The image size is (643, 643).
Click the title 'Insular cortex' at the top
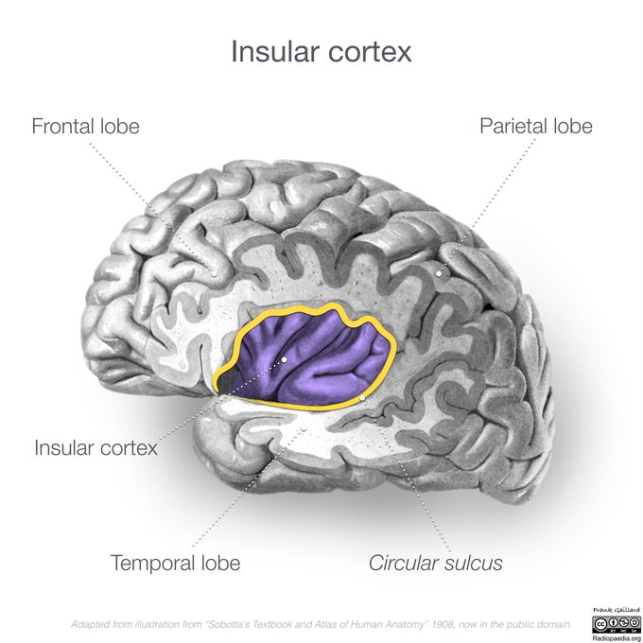click(321, 51)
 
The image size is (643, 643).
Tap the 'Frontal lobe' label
click(85, 126)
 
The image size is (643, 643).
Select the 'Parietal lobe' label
click(535, 126)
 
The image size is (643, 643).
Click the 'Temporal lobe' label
click(175, 563)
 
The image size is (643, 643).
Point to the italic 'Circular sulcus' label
click(435, 564)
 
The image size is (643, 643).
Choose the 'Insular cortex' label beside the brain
click(96, 447)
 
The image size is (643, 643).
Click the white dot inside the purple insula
click(284, 359)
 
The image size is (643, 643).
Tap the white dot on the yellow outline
click(362, 398)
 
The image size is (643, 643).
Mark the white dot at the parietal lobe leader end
click(439, 273)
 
